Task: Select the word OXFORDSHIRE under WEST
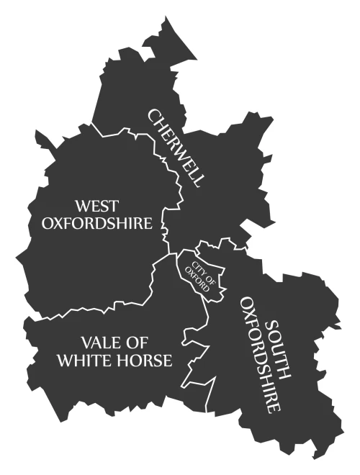click(x=97, y=223)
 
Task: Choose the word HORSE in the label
click(x=146, y=361)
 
